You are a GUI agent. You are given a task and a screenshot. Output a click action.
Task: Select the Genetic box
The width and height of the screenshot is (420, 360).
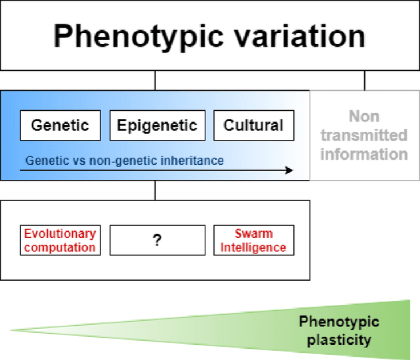pos(60,125)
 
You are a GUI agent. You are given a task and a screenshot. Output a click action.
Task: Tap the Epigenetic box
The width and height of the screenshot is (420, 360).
pos(157,125)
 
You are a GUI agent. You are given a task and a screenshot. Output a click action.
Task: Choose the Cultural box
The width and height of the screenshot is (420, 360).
pos(253,125)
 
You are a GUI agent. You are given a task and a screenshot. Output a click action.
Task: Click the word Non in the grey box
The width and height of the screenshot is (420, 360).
pos(364,116)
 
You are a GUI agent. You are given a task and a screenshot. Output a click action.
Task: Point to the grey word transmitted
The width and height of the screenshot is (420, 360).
pos(364,135)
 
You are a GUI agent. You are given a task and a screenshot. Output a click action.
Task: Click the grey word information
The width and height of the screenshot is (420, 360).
pos(364,154)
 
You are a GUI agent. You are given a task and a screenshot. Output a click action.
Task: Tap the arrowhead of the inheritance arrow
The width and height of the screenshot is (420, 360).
pos(288,171)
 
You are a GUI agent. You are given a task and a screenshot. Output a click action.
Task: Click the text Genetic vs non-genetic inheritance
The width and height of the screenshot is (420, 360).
pos(124,160)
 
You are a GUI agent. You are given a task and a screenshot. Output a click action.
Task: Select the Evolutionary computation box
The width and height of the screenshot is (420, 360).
pos(60,240)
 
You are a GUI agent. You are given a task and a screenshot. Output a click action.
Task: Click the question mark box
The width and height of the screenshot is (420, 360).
pos(157,240)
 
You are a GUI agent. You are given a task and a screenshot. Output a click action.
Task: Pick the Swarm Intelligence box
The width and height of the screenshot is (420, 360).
pos(253,240)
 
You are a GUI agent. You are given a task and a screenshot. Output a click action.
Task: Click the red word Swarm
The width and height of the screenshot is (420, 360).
pos(253,233)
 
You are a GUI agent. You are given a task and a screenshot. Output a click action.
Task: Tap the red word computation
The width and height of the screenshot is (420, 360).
pos(60,248)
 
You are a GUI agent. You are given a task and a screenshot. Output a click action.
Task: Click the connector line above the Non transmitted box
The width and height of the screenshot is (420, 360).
pos(364,81)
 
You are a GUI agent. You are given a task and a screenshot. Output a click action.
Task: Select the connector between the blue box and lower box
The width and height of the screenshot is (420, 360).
pos(155,191)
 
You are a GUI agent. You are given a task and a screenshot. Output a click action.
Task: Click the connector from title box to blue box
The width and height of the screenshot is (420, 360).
pos(155,81)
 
